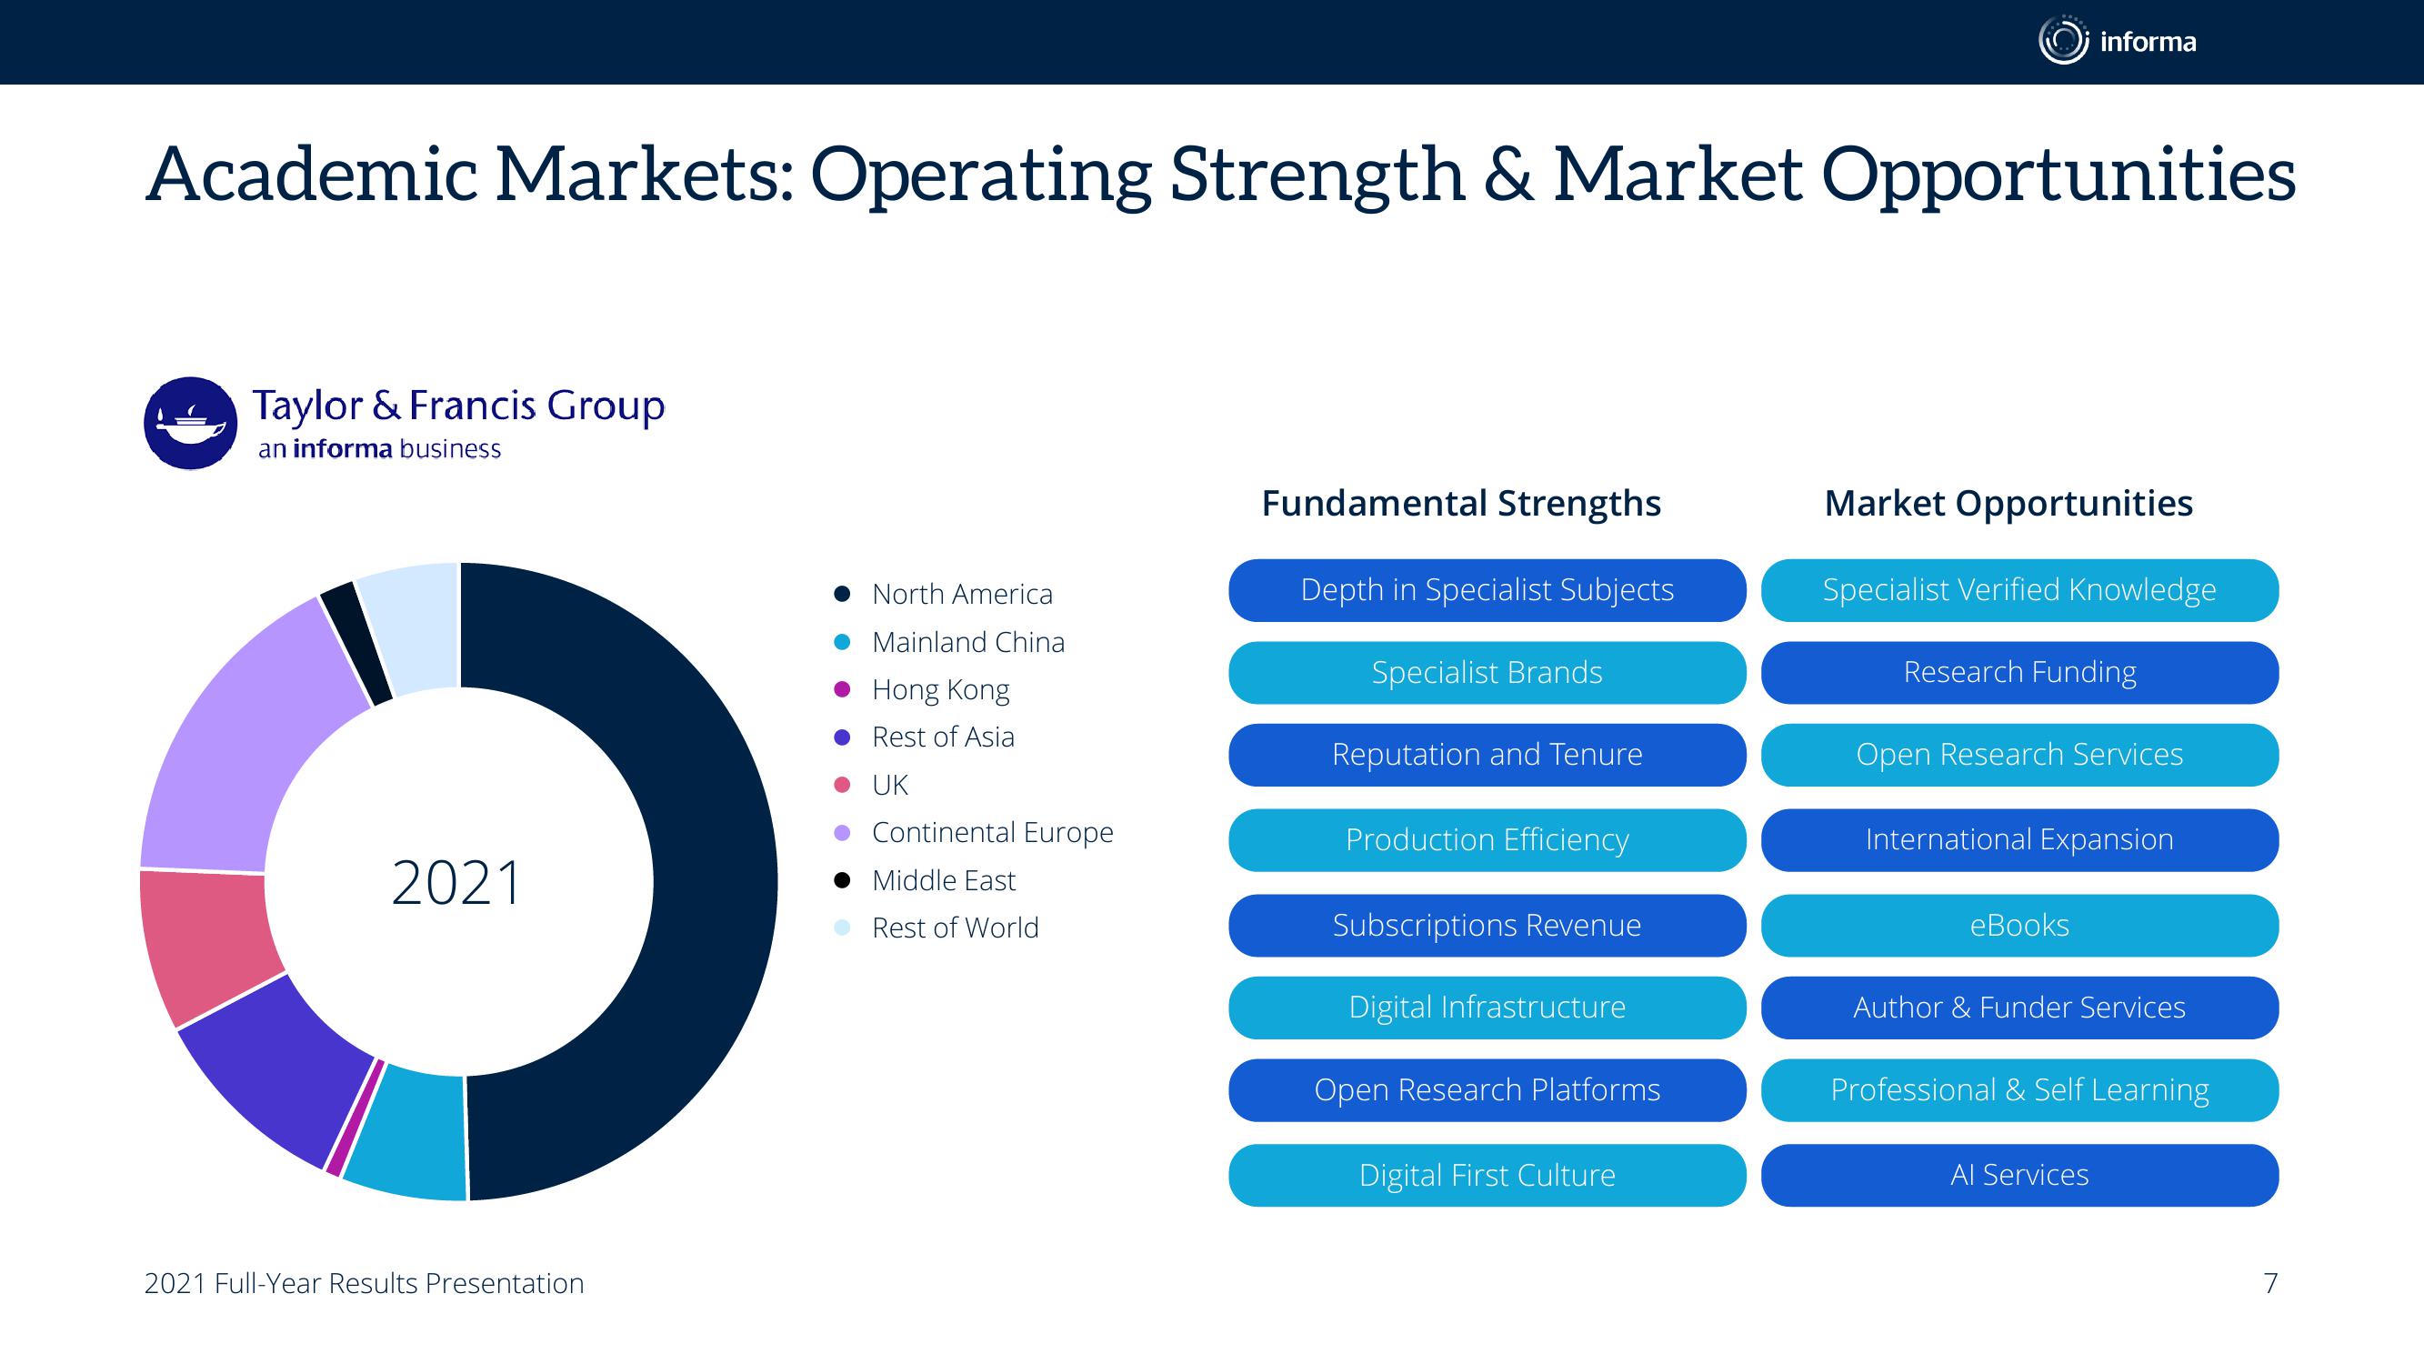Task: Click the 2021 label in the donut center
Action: [457, 883]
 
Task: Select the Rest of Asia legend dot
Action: [842, 737]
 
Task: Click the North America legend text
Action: [962, 594]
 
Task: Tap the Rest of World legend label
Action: [955, 928]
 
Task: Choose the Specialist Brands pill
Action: [1487, 672]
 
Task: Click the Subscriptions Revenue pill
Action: [1487, 926]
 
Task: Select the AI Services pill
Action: [2019, 1175]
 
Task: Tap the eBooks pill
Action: [2019, 926]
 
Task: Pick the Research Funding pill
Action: [2019, 672]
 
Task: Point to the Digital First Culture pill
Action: [1487, 1175]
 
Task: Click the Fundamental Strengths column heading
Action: [1461, 504]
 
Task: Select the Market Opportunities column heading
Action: [2008, 504]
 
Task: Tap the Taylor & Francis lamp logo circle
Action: [190, 424]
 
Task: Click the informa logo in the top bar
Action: [2118, 41]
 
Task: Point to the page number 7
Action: [2270, 1283]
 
